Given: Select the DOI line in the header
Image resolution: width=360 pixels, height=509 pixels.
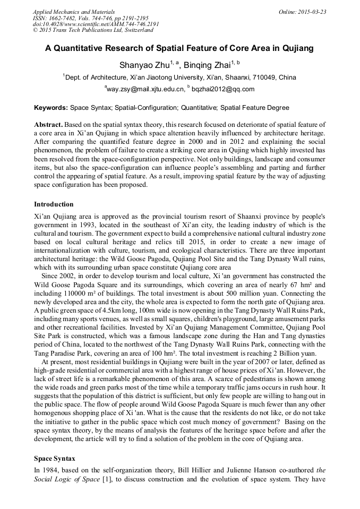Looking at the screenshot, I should point(96,24).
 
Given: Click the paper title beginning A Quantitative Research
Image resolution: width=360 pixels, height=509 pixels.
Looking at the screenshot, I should point(179,48).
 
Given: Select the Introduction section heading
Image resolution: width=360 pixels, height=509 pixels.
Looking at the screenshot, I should point(54,204).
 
